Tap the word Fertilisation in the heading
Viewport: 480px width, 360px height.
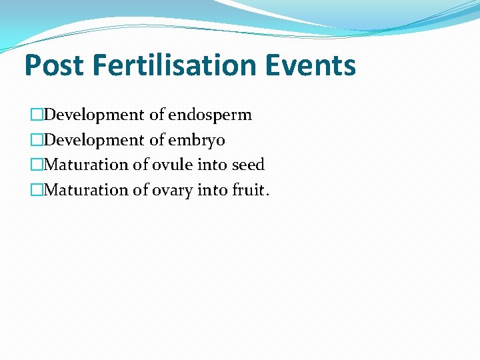tap(175, 66)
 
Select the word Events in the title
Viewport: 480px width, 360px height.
tap(311, 66)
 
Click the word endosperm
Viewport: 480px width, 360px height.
tap(210, 115)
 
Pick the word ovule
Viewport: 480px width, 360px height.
tap(171, 165)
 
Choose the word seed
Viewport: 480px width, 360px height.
tap(248, 165)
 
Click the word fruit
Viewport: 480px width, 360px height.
tap(250, 190)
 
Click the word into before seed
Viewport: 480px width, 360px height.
tap(212, 165)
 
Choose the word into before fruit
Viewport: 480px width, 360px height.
tap(213, 190)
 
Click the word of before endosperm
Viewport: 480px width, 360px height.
tap(157, 115)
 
